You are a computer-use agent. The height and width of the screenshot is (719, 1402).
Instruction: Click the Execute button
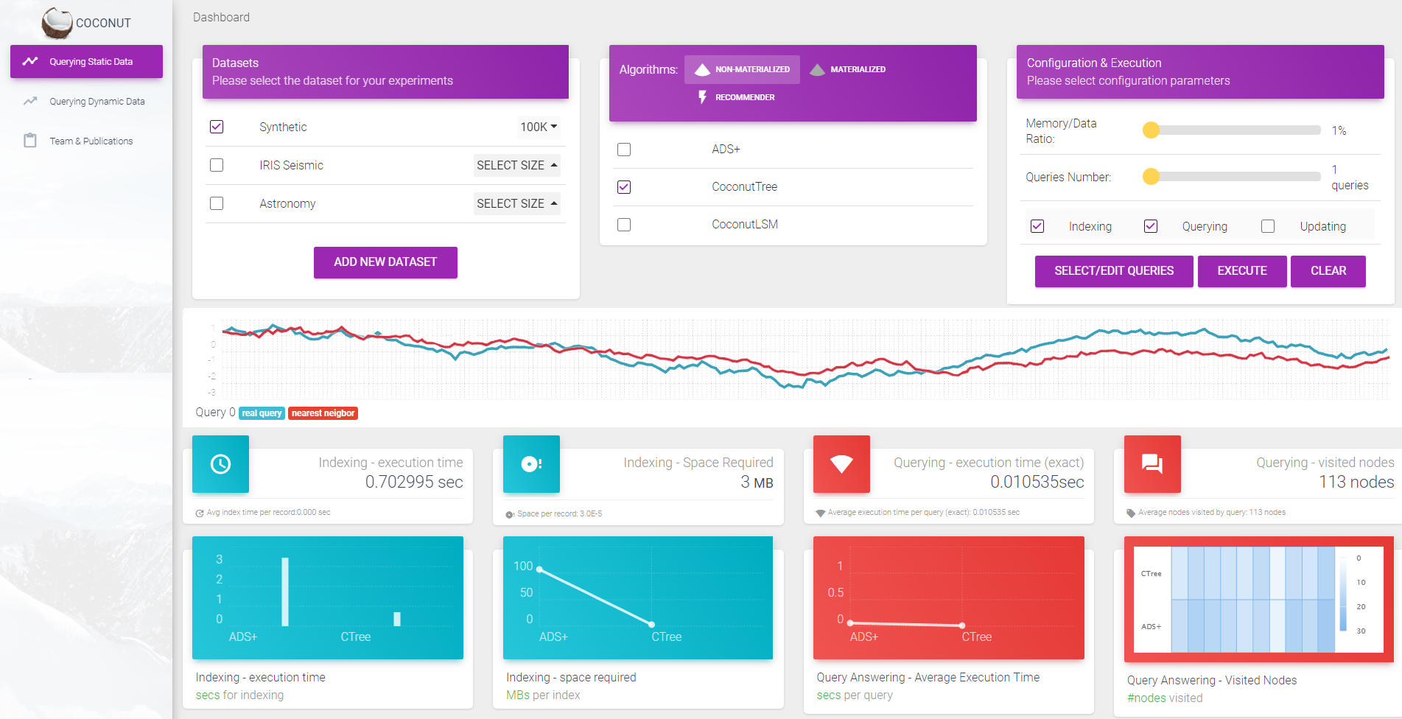[x=1242, y=271]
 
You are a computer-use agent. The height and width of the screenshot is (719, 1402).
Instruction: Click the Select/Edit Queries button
[x=1114, y=271]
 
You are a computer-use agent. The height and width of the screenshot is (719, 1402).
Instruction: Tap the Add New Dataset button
[x=385, y=262]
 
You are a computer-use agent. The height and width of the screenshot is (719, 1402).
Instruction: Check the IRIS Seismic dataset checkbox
[x=217, y=165]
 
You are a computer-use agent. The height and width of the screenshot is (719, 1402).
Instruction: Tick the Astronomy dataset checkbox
[x=217, y=203]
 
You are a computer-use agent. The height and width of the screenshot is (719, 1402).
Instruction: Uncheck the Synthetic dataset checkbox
[x=217, y=127]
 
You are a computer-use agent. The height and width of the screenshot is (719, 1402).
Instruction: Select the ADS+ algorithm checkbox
[x=624, y=150]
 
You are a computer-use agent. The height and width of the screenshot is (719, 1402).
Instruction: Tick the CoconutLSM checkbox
[x=624, y=225]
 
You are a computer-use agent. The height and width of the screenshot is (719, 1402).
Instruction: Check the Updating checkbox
[x=1268, y=226]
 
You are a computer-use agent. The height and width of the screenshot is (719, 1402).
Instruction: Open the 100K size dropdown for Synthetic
[x=539, y=127]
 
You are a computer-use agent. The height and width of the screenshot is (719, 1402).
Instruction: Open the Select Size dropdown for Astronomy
[x=516, y=203]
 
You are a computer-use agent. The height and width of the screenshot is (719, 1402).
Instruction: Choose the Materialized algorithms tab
[x=848, y=69]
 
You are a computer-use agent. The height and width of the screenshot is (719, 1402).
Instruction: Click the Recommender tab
[x=737, y=97]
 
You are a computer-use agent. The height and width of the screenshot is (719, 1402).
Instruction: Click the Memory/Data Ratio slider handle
[x=1151, y=130]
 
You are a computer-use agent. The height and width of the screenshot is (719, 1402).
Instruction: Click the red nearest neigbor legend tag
[x=323, y=413]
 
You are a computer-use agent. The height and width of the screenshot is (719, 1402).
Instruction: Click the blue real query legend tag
[x=262, y=413]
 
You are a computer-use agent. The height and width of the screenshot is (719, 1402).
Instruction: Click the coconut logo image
[x=57, y=23]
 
